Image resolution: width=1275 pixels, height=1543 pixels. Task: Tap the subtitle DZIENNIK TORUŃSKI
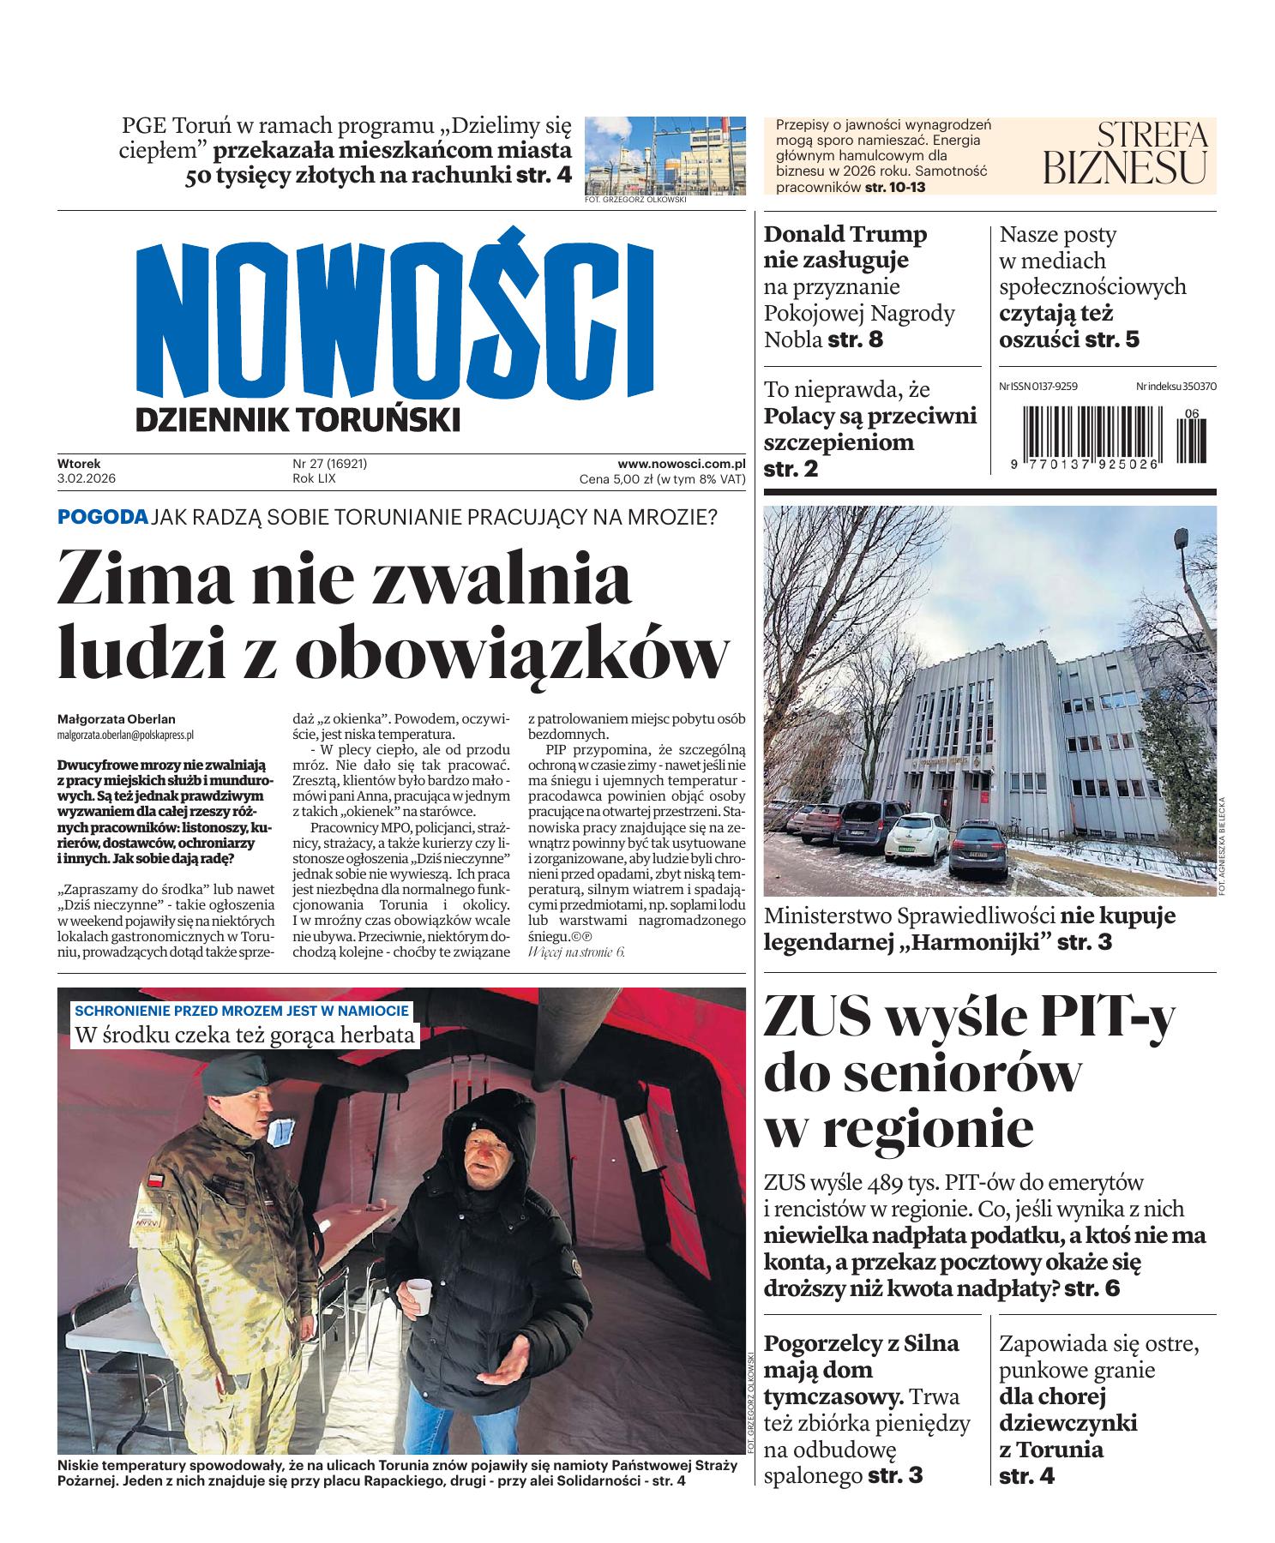(298, 420)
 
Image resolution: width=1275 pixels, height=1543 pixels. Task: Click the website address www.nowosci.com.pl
(681, 464)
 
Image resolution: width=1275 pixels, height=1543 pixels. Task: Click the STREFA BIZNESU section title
(1125, 153)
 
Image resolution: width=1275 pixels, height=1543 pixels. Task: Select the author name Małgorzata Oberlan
(116, 719)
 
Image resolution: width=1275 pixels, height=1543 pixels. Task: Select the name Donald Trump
(845, 234)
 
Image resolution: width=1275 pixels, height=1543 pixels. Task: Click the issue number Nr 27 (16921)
(330, 464)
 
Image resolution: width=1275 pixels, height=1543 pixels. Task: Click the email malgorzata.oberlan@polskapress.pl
(125, 735)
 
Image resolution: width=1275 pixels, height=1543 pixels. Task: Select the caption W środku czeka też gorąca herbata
(245, 1035)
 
